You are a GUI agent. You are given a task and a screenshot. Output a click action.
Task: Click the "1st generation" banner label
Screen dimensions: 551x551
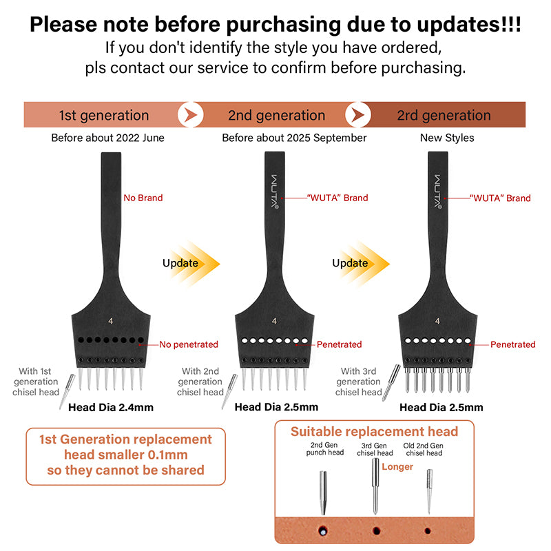tap(104, 115)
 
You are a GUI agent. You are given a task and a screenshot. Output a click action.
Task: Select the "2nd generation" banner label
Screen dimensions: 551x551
tap(277, 115)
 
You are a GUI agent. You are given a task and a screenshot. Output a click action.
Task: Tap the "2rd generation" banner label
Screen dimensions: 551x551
tap(444, 115)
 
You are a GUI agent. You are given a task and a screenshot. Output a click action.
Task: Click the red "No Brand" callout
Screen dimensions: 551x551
tap(143, 198)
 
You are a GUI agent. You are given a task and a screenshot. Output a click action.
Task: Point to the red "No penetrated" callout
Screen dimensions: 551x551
tap(189, 344)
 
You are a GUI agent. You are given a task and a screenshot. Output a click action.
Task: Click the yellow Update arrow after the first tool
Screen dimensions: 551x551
tap(191, 264)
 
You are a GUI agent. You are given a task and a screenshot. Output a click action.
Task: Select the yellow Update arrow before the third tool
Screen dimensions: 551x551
tap(361, 264)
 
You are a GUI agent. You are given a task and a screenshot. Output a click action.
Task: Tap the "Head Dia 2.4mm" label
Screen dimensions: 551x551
tap(111, 407)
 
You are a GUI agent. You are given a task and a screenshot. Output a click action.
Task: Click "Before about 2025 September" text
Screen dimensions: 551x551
tap(294, 138)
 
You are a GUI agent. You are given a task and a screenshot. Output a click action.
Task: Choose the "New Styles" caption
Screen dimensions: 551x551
tap(447, 138)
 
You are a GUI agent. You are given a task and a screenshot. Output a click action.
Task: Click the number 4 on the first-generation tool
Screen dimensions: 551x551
tap(111, 321)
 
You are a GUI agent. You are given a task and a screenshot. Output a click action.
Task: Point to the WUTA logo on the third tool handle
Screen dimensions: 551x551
tap(438, 192)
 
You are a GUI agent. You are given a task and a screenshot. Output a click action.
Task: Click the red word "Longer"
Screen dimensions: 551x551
tap(397, 467)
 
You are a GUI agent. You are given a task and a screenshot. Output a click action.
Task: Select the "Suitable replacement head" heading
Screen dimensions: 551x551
tap(374, 432)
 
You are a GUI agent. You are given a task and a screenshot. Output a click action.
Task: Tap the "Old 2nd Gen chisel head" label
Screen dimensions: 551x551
tap(424, 449)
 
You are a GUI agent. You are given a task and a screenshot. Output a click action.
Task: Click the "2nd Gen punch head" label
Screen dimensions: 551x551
tap(324, 449)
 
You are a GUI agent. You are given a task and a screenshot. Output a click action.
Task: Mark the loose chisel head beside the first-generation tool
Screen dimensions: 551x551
tap(67, 391)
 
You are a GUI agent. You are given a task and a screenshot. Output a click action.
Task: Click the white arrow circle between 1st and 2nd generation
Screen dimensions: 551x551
tap(191, 114)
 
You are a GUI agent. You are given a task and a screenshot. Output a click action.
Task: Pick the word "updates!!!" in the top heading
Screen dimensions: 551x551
tap(469, 25)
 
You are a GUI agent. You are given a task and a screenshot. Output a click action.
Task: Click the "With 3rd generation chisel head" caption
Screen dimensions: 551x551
tap(358, 382)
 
